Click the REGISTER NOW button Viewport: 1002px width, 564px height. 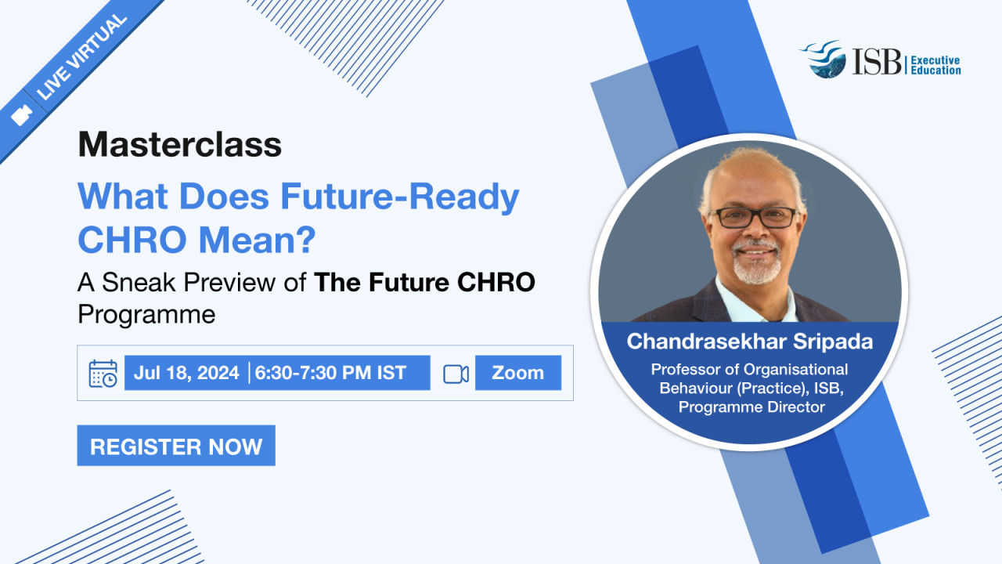coord(176,446)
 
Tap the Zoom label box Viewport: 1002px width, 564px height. coord(518,373)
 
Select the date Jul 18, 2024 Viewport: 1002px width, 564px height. coord(186,373)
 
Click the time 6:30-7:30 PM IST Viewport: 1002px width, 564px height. coord(330,373)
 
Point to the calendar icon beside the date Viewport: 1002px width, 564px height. coord(103,374)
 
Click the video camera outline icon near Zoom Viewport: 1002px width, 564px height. coord(456,374)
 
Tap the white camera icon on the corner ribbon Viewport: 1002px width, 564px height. coord(21,115)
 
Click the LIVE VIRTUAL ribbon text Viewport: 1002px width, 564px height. coord(81,57)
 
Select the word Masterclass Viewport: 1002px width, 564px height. coord(180,145)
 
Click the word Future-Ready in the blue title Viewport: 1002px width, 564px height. coord(400,197)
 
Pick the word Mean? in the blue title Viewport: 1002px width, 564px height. coord(258,240)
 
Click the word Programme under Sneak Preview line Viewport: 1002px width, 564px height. coord(146,314)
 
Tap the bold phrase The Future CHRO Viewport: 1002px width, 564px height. coord(424,282)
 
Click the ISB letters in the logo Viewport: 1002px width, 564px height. coord(876,61)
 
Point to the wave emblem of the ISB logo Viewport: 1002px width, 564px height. coord(824,59)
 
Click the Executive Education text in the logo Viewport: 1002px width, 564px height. coord(935,65)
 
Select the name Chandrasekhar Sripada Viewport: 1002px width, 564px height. coord(750,342)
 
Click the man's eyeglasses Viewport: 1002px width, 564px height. coord(755,218)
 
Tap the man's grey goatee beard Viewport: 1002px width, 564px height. coord(756,264)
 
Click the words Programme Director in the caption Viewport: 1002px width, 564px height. coord(751,407)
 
